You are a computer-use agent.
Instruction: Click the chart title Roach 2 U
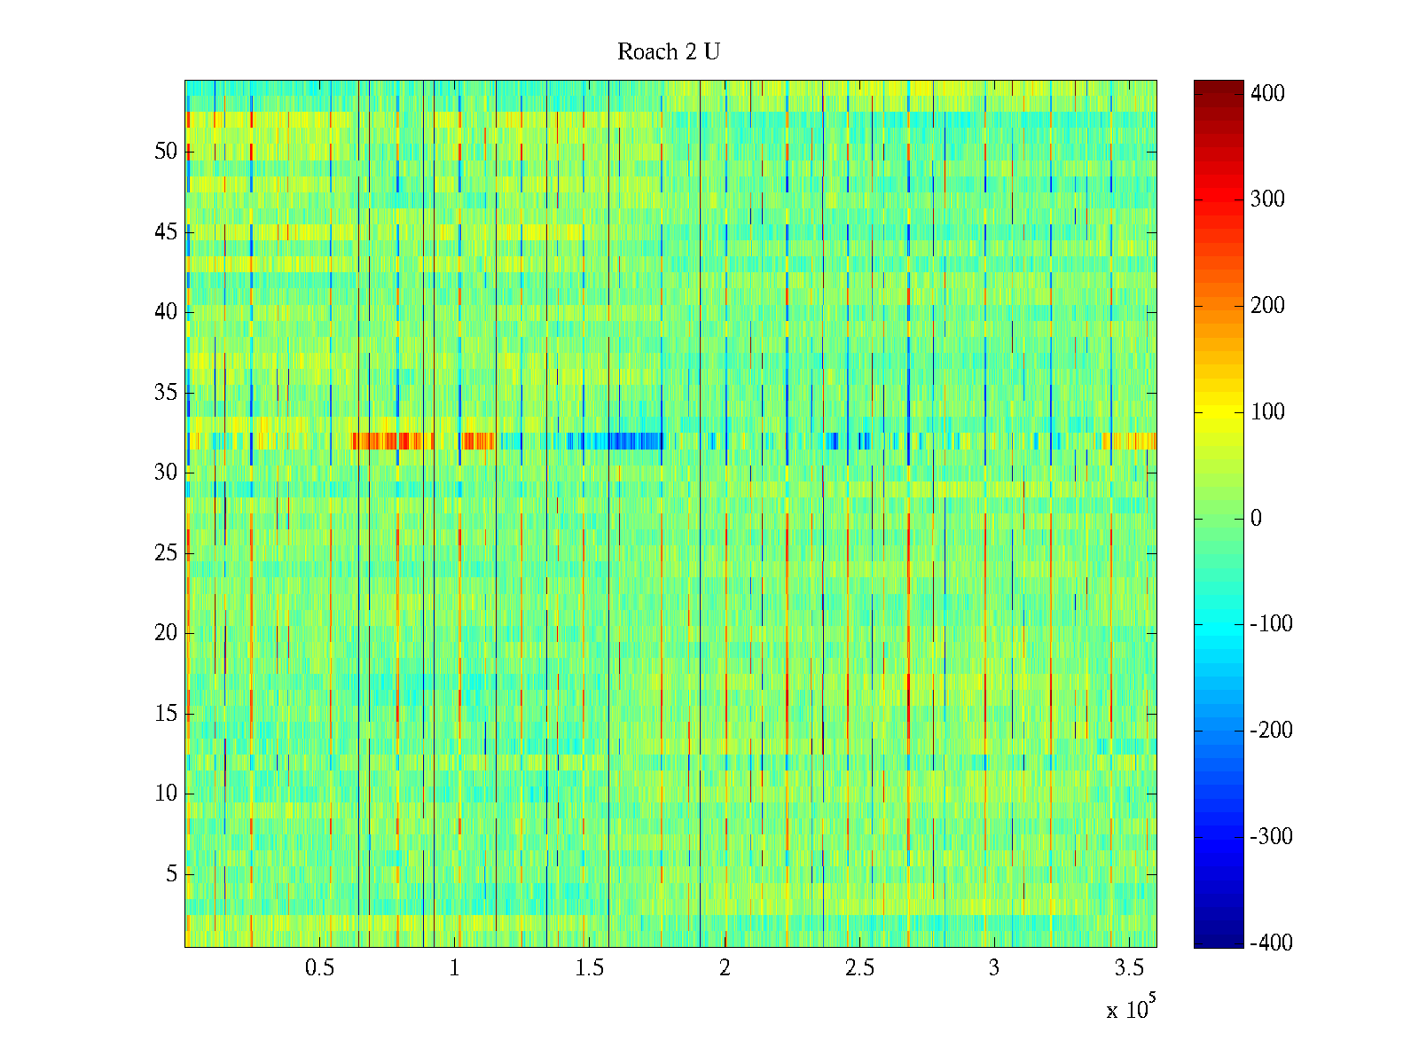(668, 52)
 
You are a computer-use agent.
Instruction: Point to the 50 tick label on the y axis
(166, 152)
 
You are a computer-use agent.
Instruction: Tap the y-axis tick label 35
(166, 392)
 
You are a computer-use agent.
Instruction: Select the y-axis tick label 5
(171, 874)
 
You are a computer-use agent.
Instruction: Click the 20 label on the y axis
(166, 633)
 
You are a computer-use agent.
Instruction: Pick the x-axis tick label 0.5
(319, 968)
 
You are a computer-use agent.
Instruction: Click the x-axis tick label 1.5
(590, 968)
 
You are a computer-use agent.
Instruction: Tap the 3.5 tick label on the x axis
(1129, 968)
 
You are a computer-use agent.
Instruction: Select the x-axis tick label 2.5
(859, 968)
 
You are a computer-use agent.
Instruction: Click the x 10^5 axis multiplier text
(1131, 1008)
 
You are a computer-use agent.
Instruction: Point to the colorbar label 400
(1267, 94)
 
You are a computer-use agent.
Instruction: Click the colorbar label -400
(1271, 943)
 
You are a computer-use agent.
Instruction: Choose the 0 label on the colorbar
(1256, 519)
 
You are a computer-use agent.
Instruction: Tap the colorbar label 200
(1267, 306)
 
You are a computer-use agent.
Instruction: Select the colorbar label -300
(1271, 837)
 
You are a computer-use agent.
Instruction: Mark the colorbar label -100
(1271, 624)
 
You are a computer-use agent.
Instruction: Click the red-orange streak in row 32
(390, 441)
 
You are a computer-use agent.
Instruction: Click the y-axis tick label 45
(166, 232)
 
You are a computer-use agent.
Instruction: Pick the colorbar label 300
(1267, 199)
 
